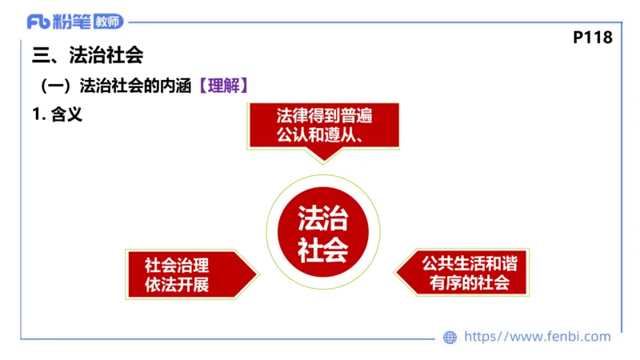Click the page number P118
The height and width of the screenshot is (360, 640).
pyautogui.click(x=593, y=37)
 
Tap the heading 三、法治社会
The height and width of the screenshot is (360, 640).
pyautogui.click(x=87, y=56)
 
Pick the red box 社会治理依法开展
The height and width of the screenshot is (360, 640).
pyautogui.click(x=179, y=274)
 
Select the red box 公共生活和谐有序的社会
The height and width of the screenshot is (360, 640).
pyautogui.click(x=468, y=274)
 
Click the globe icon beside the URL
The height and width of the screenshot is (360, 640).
pyautogui.click(x=450, y=337)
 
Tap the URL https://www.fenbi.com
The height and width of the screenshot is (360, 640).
pyautogui.click(x=537, y=337)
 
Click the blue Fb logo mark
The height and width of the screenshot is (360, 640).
pyautogui.click(x=38, y=22)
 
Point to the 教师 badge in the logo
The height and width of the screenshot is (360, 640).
pyautogui.click(x=107, y=22)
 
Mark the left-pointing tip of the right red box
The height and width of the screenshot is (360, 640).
pyautogui.click(x=398, y=274)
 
